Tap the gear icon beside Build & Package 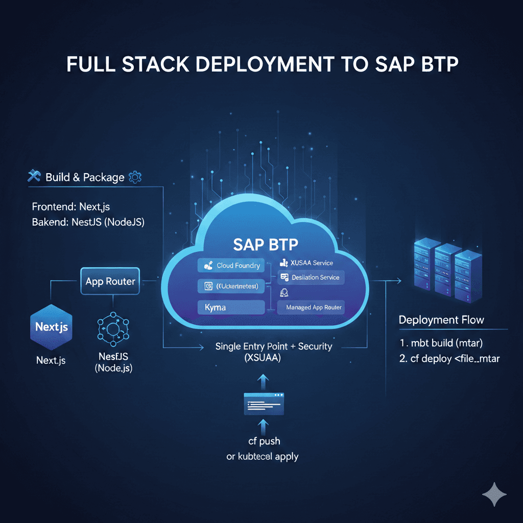click(135, 177)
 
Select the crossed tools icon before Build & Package click(34, 177)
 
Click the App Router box click(110, 281)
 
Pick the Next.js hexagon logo click(51, 327)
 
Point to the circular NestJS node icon click(113, 327)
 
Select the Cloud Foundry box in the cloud click(231, 266)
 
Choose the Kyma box click(231, 307)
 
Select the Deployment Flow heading click(441, 320)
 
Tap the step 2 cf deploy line click(449, 359)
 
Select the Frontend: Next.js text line click(71, 207)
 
